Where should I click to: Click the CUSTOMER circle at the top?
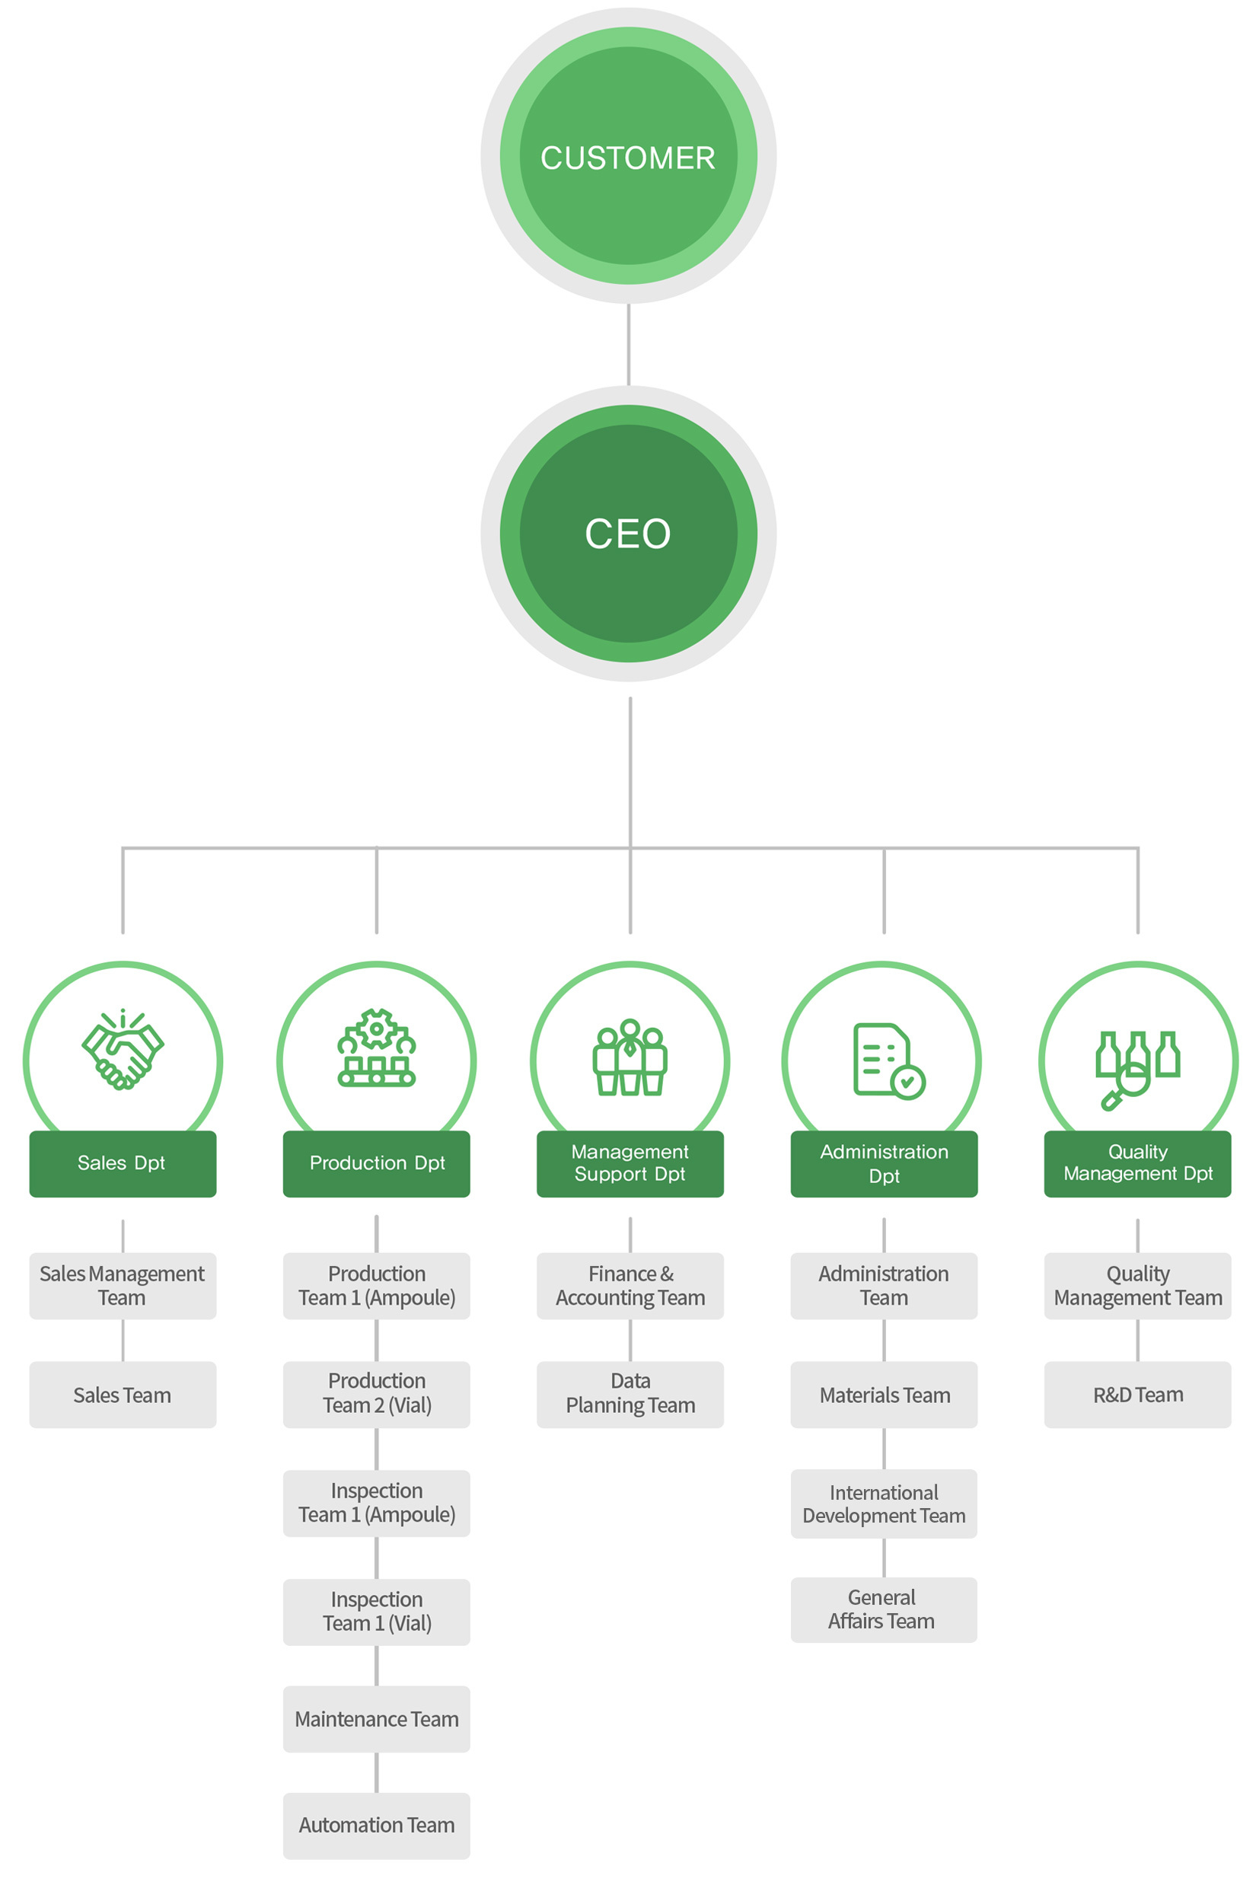(628, 155)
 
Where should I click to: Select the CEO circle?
(628, 534)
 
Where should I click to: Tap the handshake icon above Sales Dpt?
(123, 1048)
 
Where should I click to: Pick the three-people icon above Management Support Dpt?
(630, 1057)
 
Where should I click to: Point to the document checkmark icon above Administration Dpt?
(889, 1060)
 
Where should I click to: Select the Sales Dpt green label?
(123, 1164)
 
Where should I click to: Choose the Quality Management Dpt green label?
(1137, 1164)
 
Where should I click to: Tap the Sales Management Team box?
(123, 1286)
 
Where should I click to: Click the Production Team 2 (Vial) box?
(377, 1395)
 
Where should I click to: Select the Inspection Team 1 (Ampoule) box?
(377, 1504)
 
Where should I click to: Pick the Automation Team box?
(377, 1826)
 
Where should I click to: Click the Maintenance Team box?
(377, 1719)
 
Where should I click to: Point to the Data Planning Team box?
(630, 1395)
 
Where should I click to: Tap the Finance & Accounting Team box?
(630, 1286)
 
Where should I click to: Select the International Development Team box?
(885, 1504)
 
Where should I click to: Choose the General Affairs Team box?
(885, 1610)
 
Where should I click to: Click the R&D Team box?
(1137, 1395)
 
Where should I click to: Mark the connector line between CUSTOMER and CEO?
(628, 344)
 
